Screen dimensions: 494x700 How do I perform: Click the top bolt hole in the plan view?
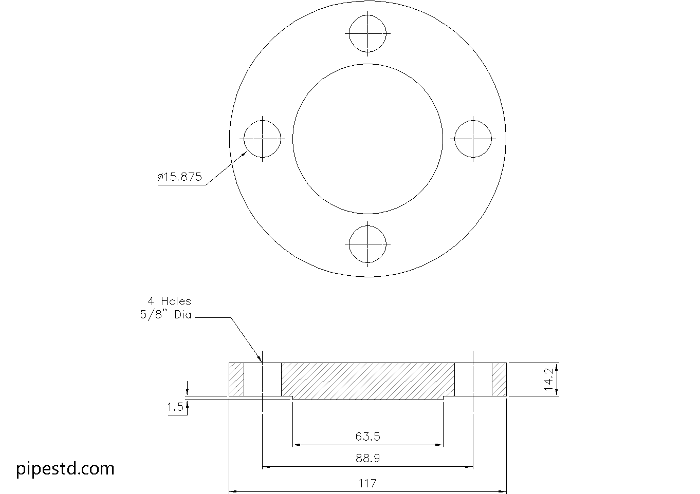pos(367,33)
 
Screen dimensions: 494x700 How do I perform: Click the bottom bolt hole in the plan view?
pos(367,243)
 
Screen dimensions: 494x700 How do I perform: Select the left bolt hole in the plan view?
pos(263,139)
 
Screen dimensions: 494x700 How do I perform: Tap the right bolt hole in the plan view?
pos(473,139)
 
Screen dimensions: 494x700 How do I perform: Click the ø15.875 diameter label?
pos(179,177)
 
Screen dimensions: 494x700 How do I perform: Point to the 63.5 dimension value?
pos(367,437)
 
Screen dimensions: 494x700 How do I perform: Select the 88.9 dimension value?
pos(367,458)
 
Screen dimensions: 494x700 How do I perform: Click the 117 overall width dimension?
pos(367,483)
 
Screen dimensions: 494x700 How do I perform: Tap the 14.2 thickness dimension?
pos(549,379)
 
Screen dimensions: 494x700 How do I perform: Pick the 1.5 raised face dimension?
pos(175,407)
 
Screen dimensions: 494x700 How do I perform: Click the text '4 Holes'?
pos(169,301)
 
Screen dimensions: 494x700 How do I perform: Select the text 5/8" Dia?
pos(165,315)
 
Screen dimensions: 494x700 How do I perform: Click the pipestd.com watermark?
pos(65,468)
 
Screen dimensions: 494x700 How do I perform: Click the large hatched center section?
pos(367,381)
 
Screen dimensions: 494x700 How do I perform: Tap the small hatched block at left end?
pos(236,379)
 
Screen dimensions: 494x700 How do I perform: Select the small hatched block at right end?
pos(499,379)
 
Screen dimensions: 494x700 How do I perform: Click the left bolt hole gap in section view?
pos(263,379)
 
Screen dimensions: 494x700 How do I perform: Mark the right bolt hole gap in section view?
pos(473,379)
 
